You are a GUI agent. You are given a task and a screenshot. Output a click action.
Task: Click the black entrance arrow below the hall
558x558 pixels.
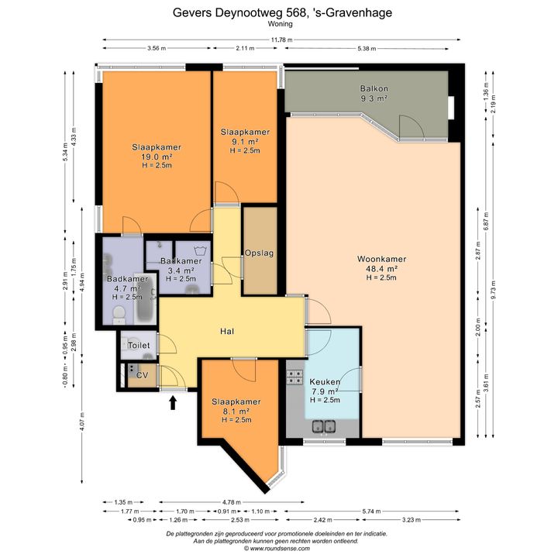tap(173, 403)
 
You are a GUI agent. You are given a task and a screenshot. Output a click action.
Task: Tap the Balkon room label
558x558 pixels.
tap(374, 88)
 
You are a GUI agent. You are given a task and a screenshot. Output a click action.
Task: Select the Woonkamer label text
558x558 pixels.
tap(381, 259)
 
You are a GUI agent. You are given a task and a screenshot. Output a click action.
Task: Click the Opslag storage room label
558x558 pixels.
tap(259, 253)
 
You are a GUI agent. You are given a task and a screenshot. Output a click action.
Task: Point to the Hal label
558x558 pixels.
tap(227, 332)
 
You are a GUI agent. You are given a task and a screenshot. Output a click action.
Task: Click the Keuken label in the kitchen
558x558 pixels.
tap(325, 382)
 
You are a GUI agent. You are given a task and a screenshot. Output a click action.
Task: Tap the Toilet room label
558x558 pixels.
tap(139, 345)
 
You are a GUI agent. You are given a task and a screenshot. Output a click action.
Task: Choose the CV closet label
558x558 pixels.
tap(143, 375)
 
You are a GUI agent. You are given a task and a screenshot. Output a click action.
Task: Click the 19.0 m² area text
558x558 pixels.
tap(157, 157)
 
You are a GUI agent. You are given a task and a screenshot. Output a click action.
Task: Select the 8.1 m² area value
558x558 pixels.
tap(236, 411)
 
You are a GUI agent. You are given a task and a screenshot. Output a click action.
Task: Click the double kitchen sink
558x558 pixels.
tap(324, 426)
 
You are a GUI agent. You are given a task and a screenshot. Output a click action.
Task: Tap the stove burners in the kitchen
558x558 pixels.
tap(294, 377)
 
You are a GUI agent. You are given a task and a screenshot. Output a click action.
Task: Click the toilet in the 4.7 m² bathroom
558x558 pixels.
tap(119, 315)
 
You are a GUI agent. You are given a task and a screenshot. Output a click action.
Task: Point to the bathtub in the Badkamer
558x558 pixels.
tap(146, 299)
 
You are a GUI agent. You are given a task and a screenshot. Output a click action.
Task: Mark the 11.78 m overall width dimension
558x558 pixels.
tap(282, 40)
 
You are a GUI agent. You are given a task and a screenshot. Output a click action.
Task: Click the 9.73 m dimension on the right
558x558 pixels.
tap(493, 290)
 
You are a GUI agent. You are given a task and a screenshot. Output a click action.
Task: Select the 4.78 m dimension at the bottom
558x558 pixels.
tap(232, 502)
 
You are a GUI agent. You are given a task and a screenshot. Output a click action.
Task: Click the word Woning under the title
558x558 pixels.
tap(281, 24)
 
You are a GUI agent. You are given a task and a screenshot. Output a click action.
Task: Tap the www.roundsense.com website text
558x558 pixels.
tap(280, 549)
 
